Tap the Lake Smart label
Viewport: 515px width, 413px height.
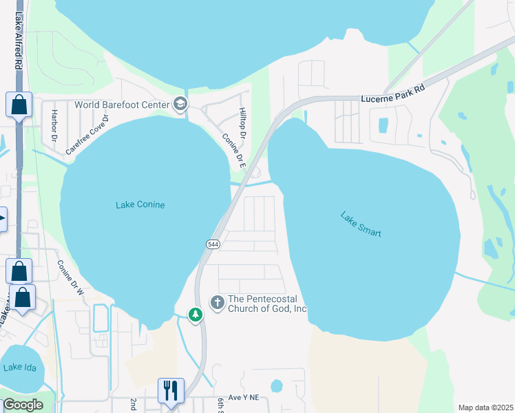[x=361, y=224]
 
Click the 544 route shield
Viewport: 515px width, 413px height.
[x=212, y=244]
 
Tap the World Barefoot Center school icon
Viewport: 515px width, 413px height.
[x=180, y=104]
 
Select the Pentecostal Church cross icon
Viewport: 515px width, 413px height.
[x=218, y=303]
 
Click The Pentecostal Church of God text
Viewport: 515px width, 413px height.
[x=267, y=304]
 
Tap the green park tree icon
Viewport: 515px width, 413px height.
[x=196, y=315]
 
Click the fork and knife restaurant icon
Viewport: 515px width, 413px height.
[x=169, y=390]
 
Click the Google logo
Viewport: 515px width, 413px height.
[x=23, y=405]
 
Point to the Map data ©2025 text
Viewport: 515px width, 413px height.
[x=485, y=407]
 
